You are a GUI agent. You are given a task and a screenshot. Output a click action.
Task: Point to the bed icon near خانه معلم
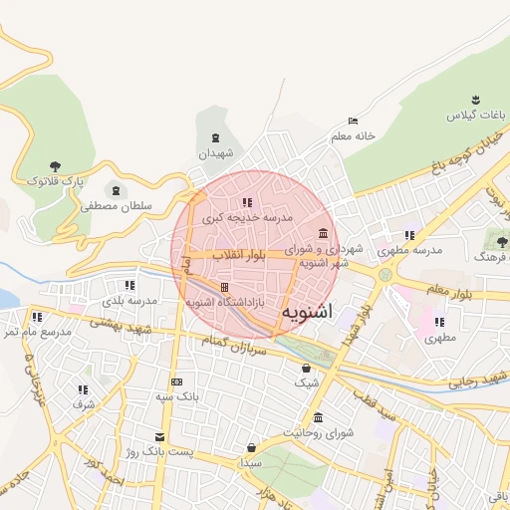(353, 121)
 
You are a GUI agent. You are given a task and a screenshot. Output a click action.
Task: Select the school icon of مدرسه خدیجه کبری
(247, 203)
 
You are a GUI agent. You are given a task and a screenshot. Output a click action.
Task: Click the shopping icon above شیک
(306, 368)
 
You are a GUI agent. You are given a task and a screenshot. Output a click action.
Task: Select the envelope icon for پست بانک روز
(158, 436)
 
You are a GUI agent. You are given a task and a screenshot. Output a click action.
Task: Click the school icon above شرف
(83, 389)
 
